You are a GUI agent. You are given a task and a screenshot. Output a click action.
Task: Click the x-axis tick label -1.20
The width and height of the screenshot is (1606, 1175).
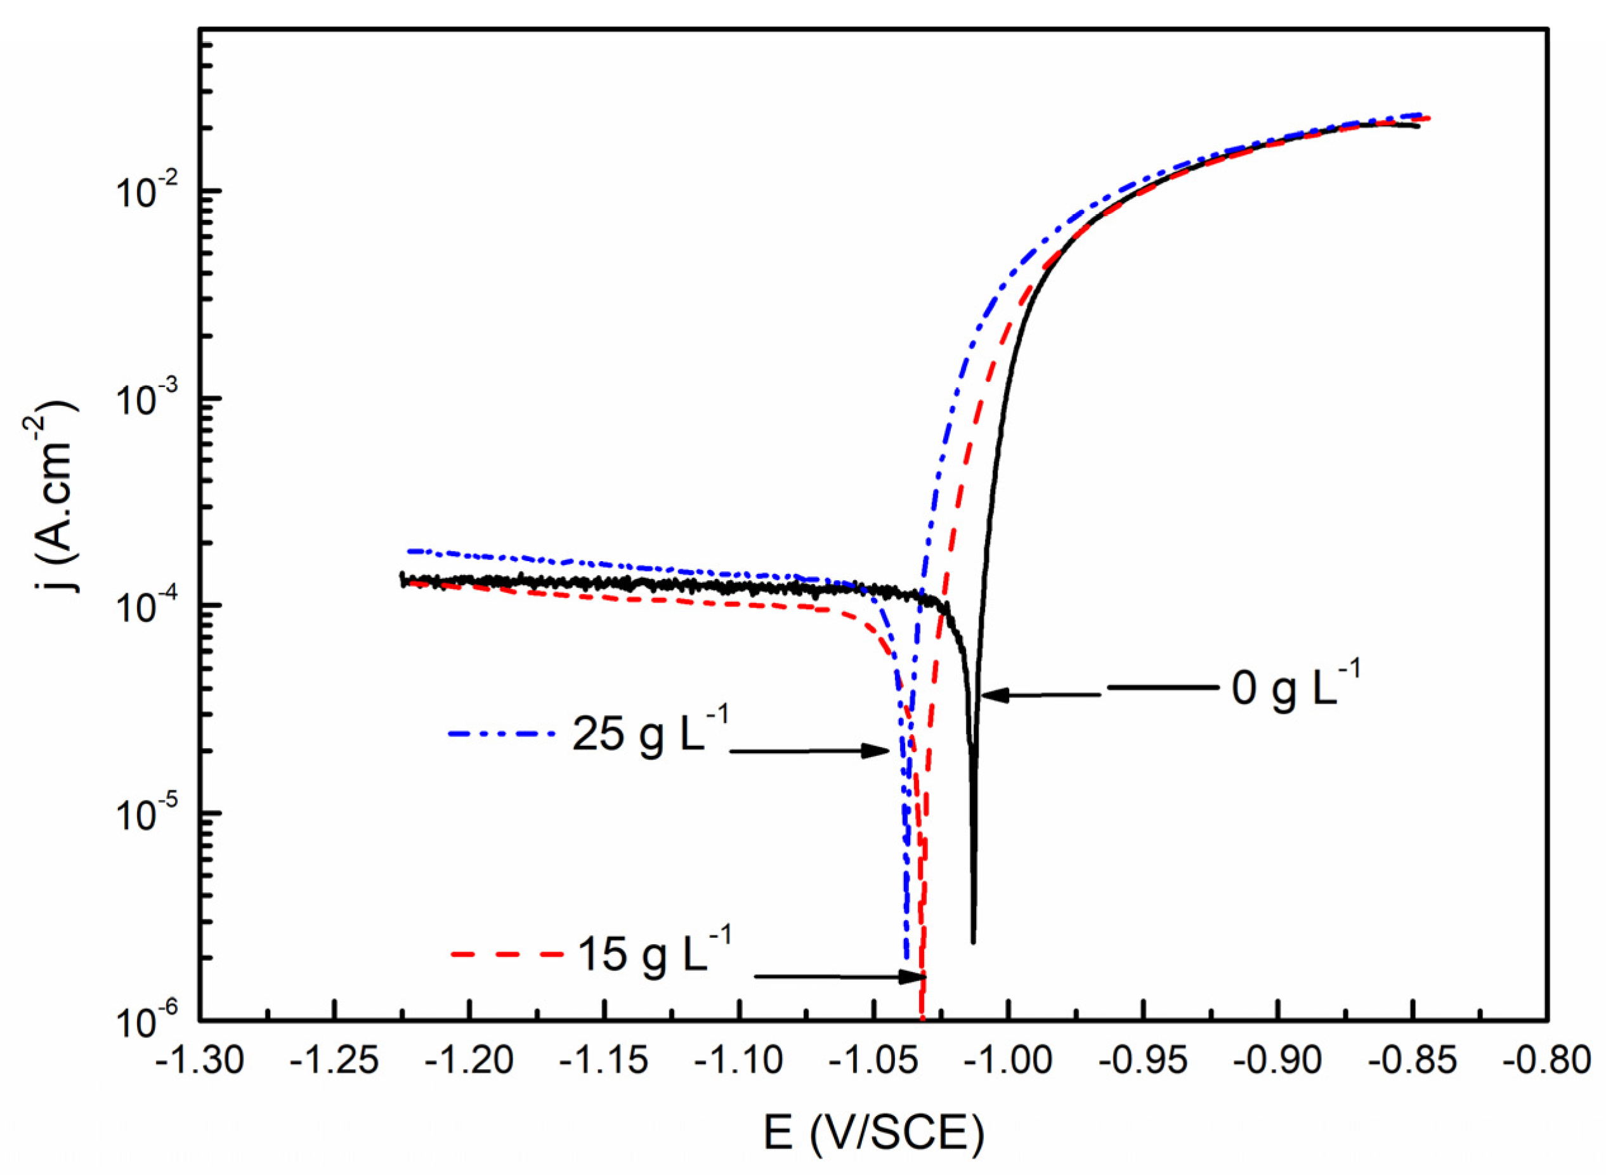(469, 1061)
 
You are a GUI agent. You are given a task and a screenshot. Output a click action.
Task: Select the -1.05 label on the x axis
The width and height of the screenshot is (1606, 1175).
(873, 1061)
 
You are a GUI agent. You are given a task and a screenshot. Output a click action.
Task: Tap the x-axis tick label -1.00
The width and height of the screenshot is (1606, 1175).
(1008, 1061)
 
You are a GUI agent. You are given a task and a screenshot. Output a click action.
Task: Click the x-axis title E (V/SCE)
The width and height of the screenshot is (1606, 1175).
(873, 1133)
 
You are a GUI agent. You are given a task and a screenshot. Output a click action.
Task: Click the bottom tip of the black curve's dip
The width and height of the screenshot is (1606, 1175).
(973, 942)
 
